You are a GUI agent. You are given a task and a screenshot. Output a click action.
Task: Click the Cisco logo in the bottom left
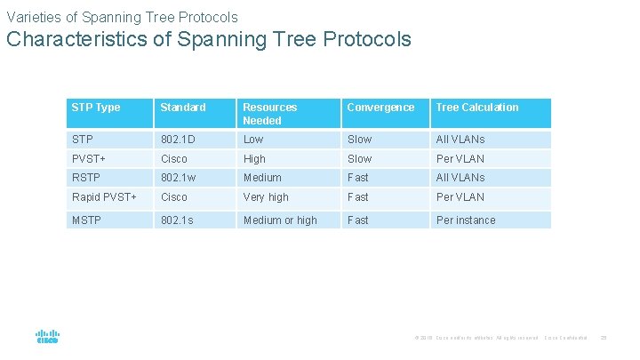pos(47,336)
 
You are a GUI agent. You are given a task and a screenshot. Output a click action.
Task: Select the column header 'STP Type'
pos(95,108)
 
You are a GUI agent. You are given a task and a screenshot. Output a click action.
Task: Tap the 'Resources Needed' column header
pos(270,114)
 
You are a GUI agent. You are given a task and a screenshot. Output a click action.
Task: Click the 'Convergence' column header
pos(380,108)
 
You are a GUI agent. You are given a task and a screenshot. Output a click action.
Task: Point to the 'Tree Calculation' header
pos(476,108)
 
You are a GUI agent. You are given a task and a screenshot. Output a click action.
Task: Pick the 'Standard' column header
pos(182,108)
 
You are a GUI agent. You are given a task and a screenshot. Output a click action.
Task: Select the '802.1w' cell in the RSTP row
pos(177,178)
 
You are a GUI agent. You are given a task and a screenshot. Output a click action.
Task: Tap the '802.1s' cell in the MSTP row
pos(176,220)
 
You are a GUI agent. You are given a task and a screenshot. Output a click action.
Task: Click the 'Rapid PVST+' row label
pos(104,197)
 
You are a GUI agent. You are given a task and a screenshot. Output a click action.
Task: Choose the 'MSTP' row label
pos(86,220)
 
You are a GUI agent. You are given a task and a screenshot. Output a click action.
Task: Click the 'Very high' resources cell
pos(266,197)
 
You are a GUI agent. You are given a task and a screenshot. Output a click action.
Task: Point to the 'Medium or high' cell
pos(280,220)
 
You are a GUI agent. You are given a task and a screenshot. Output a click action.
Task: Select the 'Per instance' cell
pos(466,220)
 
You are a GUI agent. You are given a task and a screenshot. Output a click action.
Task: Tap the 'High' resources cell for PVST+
pos(254,159)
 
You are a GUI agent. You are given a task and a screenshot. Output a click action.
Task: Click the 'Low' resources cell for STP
pos(253,140)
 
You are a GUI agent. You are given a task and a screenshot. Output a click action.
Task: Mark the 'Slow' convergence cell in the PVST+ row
pos(360,159)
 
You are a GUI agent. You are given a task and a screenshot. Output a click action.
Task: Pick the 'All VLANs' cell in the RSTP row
pos(460,178)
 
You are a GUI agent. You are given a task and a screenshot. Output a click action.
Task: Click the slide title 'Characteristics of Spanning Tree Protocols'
pos(209,39)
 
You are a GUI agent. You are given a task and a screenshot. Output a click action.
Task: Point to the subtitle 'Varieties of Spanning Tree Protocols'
pos(122,17)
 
